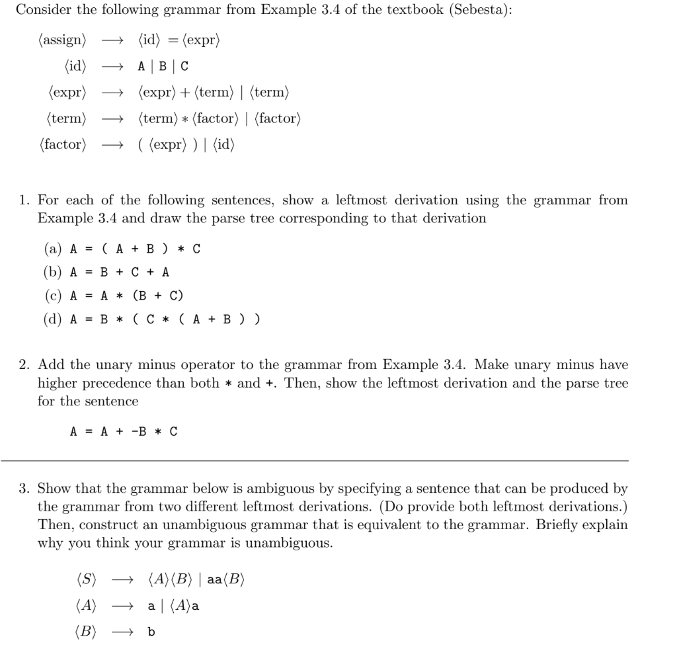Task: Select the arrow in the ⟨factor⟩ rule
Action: click(111, 144)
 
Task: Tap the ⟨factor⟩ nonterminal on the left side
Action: click(63, 144)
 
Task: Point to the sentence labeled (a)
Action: click(135, 249)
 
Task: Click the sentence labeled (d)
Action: click(165, 319)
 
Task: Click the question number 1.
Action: click(23, 200)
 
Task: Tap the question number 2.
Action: click(23, 364)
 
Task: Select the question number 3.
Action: click(23, 489)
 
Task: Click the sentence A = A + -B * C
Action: click(124, 432)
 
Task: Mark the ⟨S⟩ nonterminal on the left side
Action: click(86, 580)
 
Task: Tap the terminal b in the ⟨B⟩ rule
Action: click(151, 632)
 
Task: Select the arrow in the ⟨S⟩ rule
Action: click(123, 580)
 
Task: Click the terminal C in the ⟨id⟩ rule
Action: click(184, 67)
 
